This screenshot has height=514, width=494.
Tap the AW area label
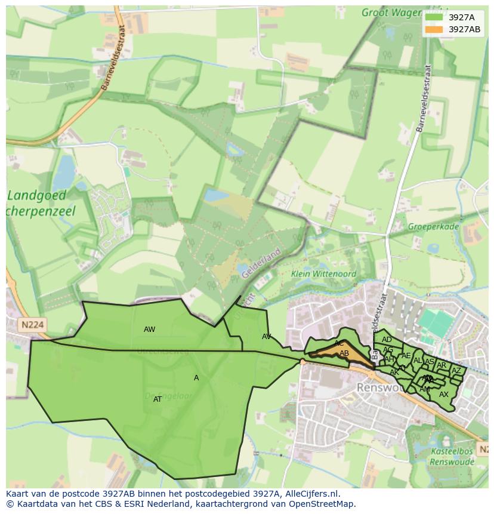(x=149, y=330)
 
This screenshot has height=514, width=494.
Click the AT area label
(x=158, y=399)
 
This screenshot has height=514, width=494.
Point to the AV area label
(x=266, y=337)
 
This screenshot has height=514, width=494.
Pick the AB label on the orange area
(x=344, y=353)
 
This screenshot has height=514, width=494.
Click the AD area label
(x=387, y=340)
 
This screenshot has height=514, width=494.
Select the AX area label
(x=443, y=395)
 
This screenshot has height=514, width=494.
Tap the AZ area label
(x=456, y=371)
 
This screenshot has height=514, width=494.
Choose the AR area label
(x=441, y=365)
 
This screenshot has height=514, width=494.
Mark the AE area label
(x=406, y=356)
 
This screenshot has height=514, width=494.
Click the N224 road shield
(x=32, y=325)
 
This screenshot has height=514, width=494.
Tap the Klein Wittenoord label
(x=323, y=274)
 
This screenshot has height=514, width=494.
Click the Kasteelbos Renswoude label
(x=452, y=457)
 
